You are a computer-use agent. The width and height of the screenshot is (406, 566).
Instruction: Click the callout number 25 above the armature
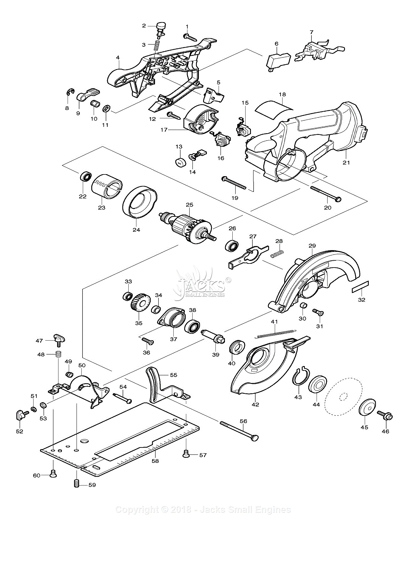(x=189, y=205)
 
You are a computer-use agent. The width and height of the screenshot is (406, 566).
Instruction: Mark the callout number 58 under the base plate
(x=155, y=461)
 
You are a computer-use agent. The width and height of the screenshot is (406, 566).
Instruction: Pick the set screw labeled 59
(x=77, y=483)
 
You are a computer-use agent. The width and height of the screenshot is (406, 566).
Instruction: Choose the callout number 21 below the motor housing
(x=346, y=162)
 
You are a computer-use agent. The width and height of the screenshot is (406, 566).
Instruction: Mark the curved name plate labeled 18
(x=274, y=109)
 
